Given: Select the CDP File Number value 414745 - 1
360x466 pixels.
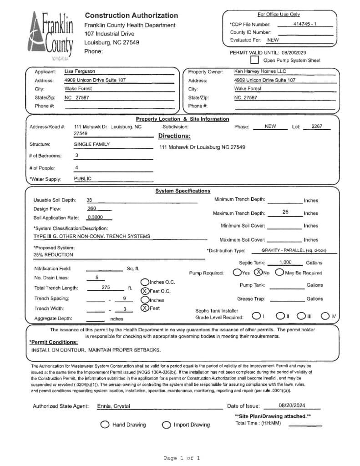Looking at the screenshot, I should (x=303, y=24).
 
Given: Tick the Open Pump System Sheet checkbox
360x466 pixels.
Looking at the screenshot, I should (x=254, y=60).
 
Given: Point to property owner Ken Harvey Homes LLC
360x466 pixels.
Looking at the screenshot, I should (x=260, y=71).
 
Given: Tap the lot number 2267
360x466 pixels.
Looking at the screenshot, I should (x=317, y=127).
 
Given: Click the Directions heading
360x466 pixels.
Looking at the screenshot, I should (x=174, y=136).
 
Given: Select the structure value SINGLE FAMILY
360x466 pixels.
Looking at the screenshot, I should (x=92, y=144).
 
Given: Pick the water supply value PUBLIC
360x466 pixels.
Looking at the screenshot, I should (x=83, y=179).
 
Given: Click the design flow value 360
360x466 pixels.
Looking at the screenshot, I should (x=92, y=208).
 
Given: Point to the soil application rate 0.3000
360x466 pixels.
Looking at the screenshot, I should (x=95, y=217).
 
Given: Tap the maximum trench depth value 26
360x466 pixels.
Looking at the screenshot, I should (x=285, y=212).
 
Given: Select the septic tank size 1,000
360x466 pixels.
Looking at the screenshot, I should (x=285, y=263).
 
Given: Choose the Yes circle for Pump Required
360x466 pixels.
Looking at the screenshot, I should (x=237, y=273).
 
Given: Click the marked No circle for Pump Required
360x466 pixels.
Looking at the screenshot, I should (x=258, y=273).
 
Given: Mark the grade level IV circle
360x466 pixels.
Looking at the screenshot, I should (x=325, y=316).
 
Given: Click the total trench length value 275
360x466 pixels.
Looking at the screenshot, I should (x=106, y=288).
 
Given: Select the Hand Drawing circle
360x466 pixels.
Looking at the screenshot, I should (x=105, y=425).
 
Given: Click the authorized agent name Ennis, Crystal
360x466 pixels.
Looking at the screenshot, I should (x=113, y=406).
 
